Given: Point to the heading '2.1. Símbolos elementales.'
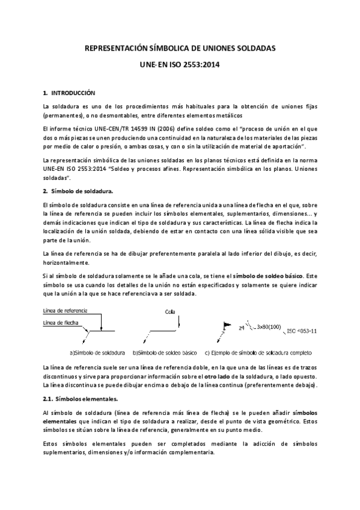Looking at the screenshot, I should (76, 398).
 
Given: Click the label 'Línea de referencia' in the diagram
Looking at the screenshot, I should (65, 311).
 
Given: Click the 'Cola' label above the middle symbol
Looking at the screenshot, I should (169, 312).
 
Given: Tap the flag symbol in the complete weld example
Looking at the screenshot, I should (228, 324).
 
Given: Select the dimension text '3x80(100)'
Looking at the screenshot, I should (269, 328).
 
